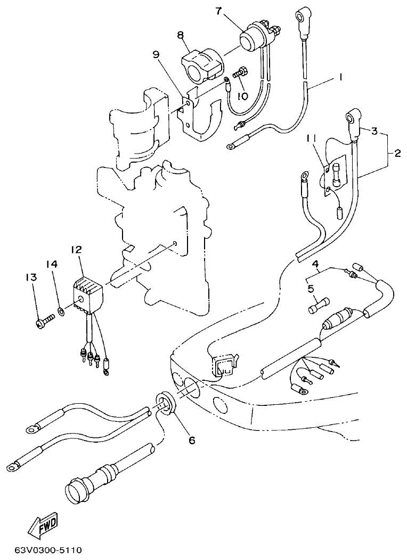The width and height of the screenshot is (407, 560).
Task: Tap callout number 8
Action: pyautogui.click(x=181, y=35)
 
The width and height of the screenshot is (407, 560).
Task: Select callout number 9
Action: pyautogui.click(x=156, y=54)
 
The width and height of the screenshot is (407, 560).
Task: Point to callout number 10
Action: pyautogui.click(x=242, y=96)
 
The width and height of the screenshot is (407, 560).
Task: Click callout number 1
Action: pyautogui.click(x=339, y=77)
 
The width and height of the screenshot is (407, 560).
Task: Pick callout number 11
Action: pyautogui.click(x=311, y=139)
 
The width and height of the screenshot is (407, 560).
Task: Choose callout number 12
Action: pyautogui.click(x=76, y=250)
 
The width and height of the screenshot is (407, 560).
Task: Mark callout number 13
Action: pyautogui.click(x=30, y=277)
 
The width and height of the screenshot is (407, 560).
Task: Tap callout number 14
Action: pyautogui.click(x=51, y=264)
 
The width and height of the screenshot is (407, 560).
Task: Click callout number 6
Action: pyautogui.click(x=191, y=440)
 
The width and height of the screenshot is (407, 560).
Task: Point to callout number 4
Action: pyautogui.click(x=315, y=264)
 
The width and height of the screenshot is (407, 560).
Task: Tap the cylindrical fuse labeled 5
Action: pyautogui.click(x=318, y=306)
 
